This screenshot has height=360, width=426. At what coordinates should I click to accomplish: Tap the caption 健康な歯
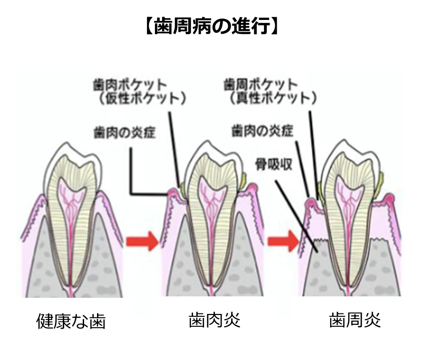(71, 322)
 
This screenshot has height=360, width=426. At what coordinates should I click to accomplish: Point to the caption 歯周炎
(355, 320)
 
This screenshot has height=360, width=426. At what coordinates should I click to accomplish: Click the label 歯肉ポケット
(130, 86)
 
